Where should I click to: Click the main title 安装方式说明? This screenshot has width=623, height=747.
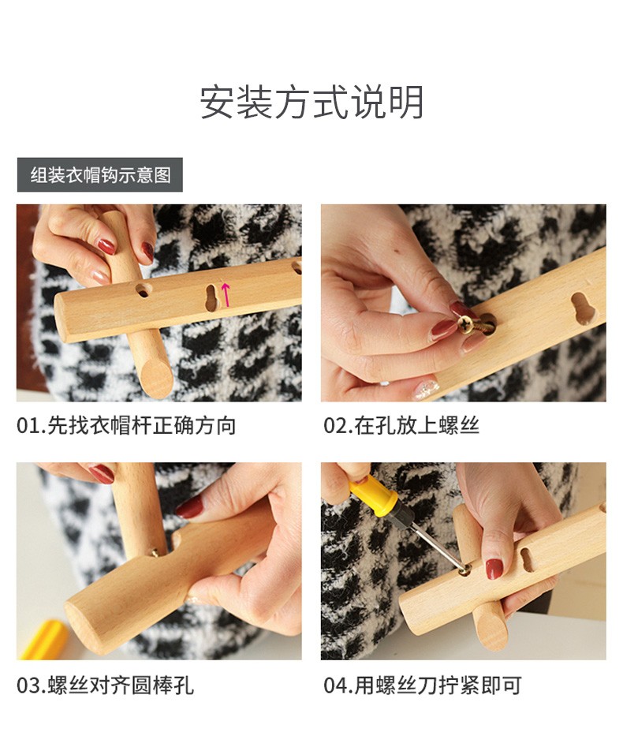click(x=311, y=103)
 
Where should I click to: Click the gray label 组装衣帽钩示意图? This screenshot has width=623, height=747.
click(x=100, y=175)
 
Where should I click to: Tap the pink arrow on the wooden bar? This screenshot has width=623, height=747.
click(x=226, y=294)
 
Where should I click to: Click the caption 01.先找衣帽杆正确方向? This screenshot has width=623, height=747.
click(x=126, y=425)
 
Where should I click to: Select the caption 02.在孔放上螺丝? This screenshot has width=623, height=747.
click(x=401, y=425)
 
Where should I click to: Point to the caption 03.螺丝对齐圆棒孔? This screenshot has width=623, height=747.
click(x=105, y=685)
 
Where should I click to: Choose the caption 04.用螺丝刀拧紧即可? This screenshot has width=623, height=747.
click(x=423, y=685)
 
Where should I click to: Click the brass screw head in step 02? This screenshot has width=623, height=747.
click(x=465, y=323)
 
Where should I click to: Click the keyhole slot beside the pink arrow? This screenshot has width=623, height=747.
click(x=211, y=297)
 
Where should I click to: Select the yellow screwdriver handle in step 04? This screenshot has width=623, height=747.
click(x=374, y=496)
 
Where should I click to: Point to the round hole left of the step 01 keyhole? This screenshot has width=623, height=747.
click(x=143, y=289)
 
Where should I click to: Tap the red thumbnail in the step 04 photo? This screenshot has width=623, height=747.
click(x=494, y=569)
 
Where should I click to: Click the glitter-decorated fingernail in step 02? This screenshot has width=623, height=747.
click(x=425, y=389)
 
